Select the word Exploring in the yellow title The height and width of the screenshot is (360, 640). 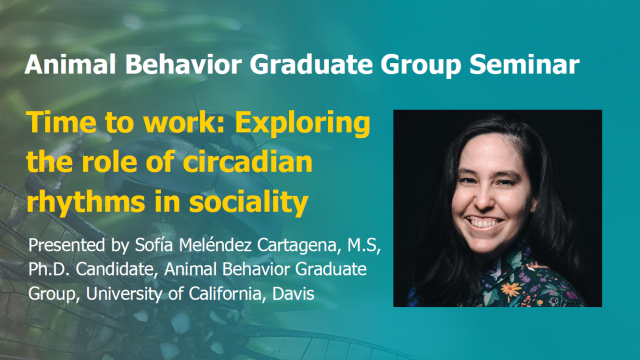pyautogui.click(x=303, y=123)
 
